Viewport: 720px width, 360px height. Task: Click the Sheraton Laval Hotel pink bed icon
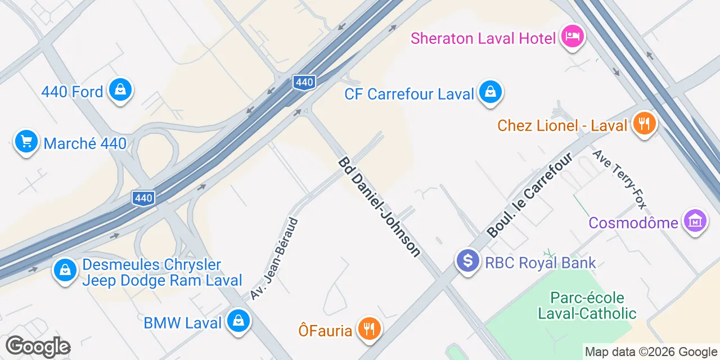click(573, 38)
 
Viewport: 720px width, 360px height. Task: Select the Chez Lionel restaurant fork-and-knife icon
click(643, 123)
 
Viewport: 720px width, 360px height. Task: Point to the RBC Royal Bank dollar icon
click(467, 262)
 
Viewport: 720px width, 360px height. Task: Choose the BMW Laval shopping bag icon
click(238, 322)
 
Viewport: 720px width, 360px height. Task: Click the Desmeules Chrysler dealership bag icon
click(65, 271)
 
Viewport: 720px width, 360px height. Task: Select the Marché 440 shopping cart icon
click(26, 142)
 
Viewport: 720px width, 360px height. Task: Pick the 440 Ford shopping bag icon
click(120, 90)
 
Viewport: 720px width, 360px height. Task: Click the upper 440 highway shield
click(304, 83)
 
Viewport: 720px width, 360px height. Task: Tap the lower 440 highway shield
click(143, 198)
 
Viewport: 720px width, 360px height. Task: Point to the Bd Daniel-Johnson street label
click(379, 207)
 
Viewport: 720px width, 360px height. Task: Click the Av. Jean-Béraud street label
click(274, 259)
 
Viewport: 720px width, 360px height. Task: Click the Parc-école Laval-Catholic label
click(587, 305)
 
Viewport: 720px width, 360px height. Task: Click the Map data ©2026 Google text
click(651, 352)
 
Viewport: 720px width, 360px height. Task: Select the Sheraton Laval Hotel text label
click(483, 38)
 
